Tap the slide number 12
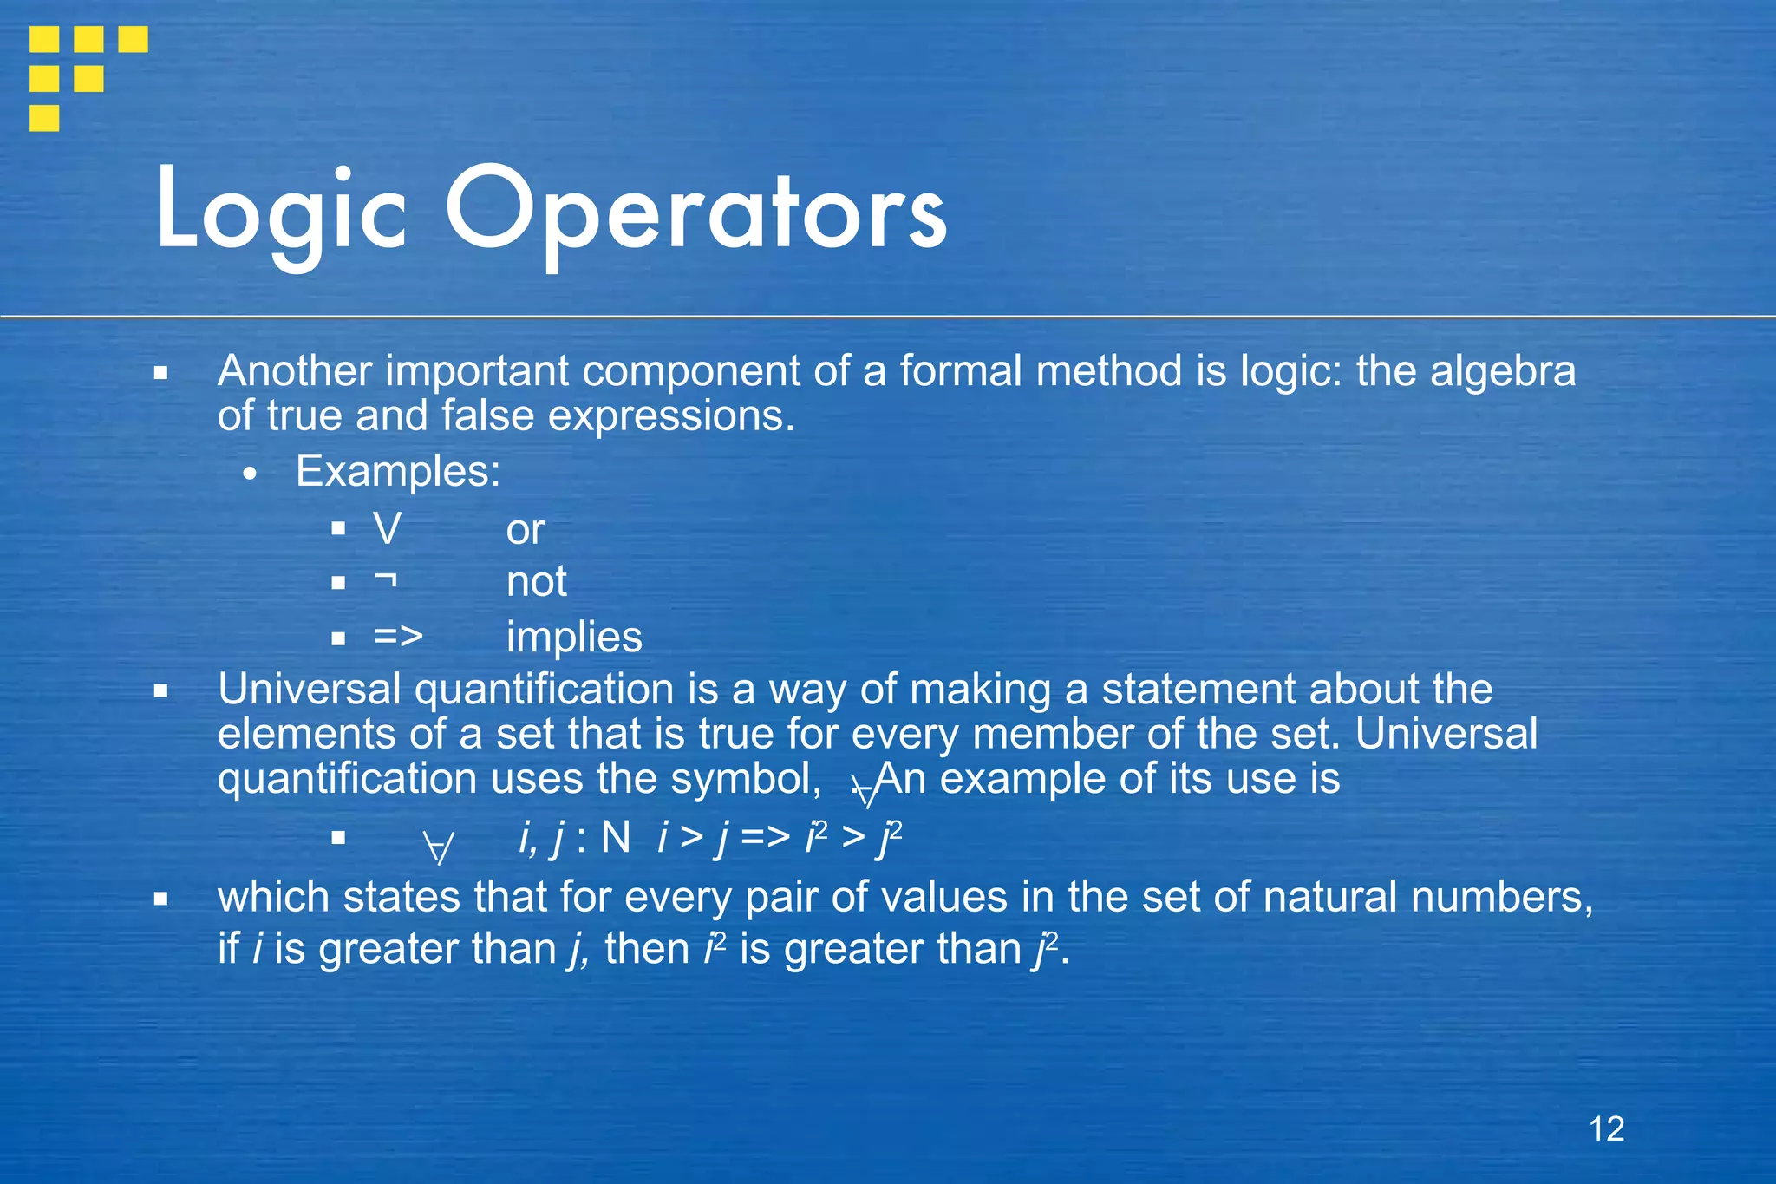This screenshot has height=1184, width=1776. pos(1606,1128)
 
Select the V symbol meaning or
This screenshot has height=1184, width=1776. pos(388,529)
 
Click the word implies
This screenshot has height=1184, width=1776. pos(574,638)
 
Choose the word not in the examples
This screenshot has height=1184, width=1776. pos(536,581)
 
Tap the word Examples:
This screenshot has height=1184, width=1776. pos(398,472)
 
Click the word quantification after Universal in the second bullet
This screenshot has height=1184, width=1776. pos(544,690)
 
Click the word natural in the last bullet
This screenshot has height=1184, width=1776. pos(1330,897)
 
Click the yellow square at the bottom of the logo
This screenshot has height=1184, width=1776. pos(44,118)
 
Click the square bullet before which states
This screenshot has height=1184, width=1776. pos(160,899)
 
